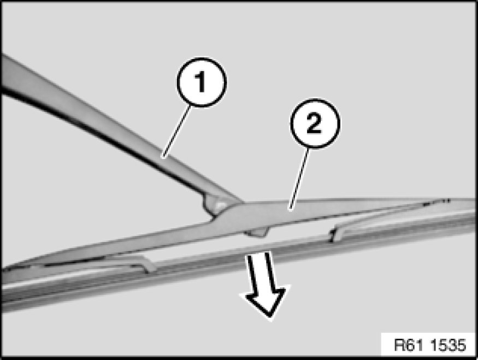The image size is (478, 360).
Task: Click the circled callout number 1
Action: (202, 82)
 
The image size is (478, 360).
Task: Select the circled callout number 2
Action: (315, 123)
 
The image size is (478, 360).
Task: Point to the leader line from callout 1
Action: (178, 131)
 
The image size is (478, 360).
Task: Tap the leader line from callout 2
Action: (299, 179)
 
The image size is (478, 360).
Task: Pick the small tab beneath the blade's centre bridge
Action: (257, 233)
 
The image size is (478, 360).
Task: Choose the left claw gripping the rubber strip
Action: (149, 266)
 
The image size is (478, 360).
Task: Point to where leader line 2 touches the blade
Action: (290, 209)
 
